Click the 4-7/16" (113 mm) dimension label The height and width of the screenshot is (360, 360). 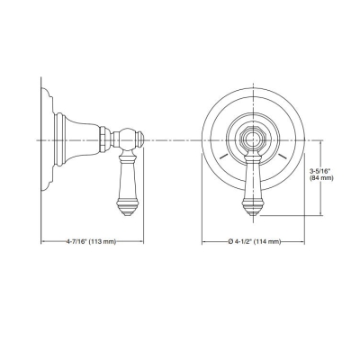point(91,242)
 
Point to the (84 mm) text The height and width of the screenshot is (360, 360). point(321,178)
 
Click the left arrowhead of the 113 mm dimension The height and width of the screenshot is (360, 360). point(43,242)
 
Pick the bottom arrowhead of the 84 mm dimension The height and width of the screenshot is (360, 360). point(321,215)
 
